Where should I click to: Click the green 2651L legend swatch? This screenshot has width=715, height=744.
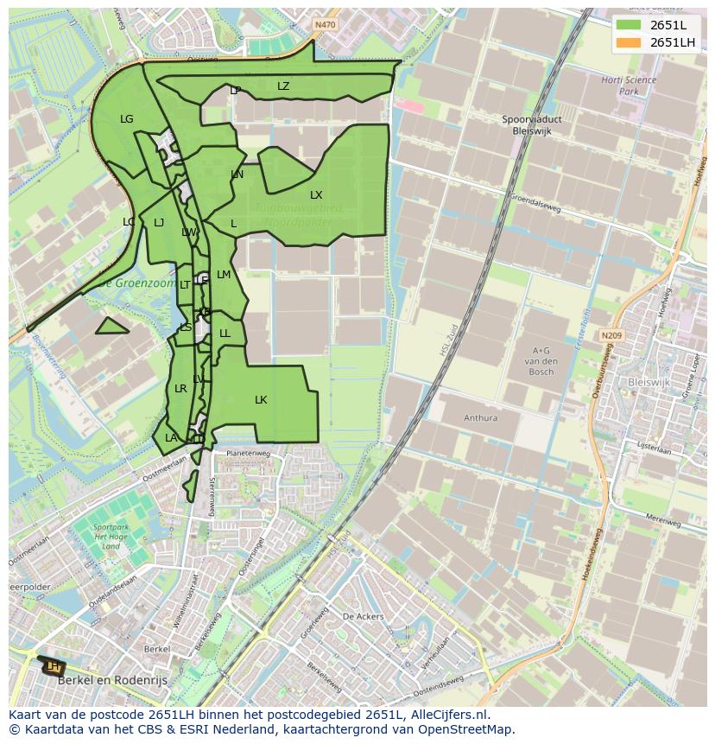630,25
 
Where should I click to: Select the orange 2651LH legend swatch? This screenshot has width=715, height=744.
630,42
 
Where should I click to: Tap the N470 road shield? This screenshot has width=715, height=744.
325,25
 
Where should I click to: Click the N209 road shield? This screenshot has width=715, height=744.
611,335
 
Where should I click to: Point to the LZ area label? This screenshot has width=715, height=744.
283,86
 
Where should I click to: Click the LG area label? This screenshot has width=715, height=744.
127,119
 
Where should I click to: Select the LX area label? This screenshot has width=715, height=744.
316,195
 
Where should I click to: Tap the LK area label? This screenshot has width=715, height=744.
261,400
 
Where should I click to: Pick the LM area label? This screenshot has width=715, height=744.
224,275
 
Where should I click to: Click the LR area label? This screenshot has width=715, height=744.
180,389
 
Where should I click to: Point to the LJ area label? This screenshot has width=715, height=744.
159,223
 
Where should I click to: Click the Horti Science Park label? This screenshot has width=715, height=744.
629,86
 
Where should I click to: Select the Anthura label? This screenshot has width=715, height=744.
480,418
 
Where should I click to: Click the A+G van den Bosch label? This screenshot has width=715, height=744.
541,360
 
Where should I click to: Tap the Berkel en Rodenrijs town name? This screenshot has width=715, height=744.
111,680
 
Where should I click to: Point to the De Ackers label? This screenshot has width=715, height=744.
363,617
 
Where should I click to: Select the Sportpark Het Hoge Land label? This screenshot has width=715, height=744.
111,536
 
